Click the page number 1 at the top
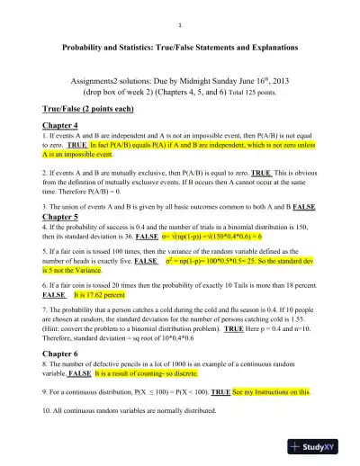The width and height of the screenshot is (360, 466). pos(181,24)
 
